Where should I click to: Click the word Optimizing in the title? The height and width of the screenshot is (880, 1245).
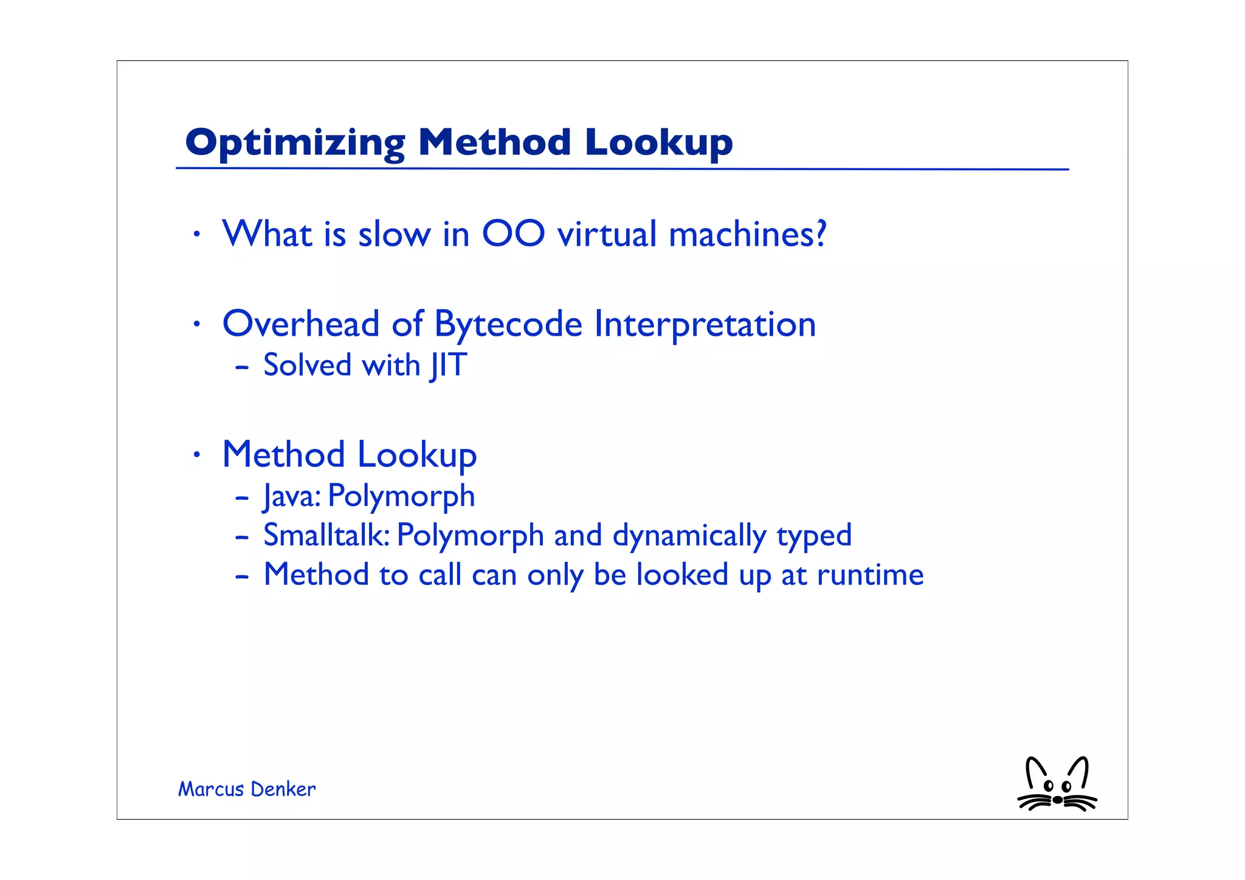tap(295, 144)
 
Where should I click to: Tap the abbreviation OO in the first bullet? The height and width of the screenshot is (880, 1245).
tap(513, 234)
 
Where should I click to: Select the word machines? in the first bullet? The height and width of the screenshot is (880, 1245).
tap(747, 234)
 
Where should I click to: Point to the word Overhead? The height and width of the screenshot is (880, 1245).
tap(301, 324)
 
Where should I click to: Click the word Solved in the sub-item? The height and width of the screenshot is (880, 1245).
tap(308, 366)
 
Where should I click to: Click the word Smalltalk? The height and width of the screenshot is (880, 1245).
tap(326, 535)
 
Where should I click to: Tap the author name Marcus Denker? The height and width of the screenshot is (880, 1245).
tap(247, 789)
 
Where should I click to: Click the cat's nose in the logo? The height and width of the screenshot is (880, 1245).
tap(1058, 800)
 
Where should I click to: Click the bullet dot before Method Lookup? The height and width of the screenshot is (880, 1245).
tap(196, 454)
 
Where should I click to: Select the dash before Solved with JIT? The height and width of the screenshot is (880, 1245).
tap(242, 367)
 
